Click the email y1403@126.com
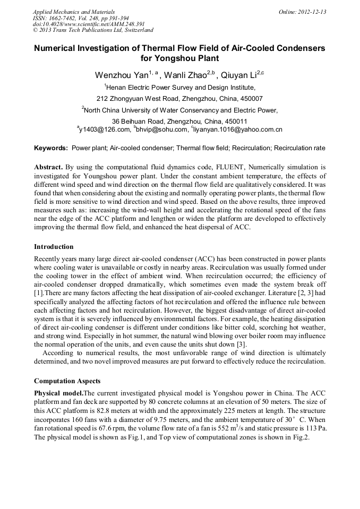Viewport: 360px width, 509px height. click(105, 130)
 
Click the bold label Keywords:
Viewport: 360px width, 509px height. click(51, 148)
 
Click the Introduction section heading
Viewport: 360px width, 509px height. click(54, 247)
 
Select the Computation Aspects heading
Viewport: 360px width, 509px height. click(67, 381)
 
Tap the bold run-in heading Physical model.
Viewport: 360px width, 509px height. click(59, 393)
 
